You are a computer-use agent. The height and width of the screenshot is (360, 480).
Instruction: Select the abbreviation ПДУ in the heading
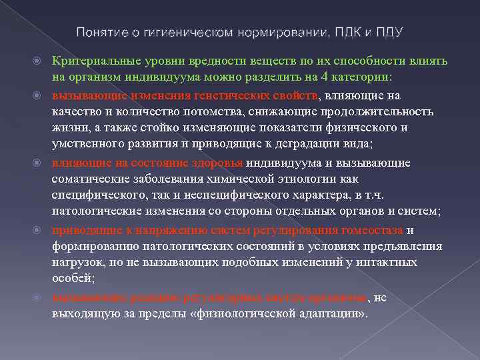[x=389, y=32]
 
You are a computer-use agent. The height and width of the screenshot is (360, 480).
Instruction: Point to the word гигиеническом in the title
[x=183, y=32]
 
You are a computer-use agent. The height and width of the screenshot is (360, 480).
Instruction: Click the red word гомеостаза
[x=371, y=230]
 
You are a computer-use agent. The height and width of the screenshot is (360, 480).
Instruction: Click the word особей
[x=72, y=279]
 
